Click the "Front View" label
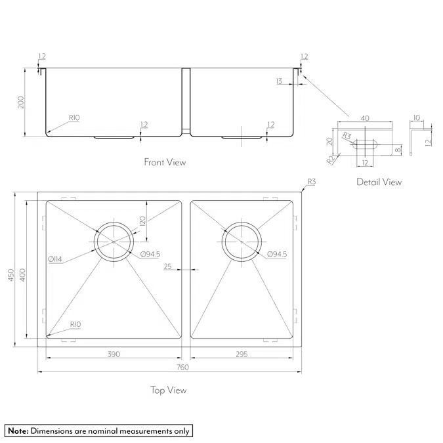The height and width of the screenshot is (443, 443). [x=165, y=162]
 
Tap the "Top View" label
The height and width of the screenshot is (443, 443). [x=168, y=390]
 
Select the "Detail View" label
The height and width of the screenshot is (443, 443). [x=379, y=182]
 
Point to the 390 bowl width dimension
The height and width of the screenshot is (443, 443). [x=114, y=354]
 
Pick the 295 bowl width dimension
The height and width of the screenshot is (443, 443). [x=242, y=354]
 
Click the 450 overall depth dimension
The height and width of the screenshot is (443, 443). [x=10, y=276]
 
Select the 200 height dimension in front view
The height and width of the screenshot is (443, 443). [x=21, y=102]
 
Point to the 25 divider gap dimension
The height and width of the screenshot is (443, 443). [x=167, y=267]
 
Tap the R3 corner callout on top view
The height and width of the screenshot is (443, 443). [x=311, y=182]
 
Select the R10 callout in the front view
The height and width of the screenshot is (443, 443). [x=74, y=117]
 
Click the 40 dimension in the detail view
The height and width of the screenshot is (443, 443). [x=365, y=119]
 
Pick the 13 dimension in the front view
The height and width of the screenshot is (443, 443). [x=280, y=81]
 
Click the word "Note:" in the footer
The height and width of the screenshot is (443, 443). [x=18, y=431]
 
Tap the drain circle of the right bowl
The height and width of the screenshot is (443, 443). [x=242, y=241]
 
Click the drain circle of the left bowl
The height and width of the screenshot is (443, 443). [x=115, y=241]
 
